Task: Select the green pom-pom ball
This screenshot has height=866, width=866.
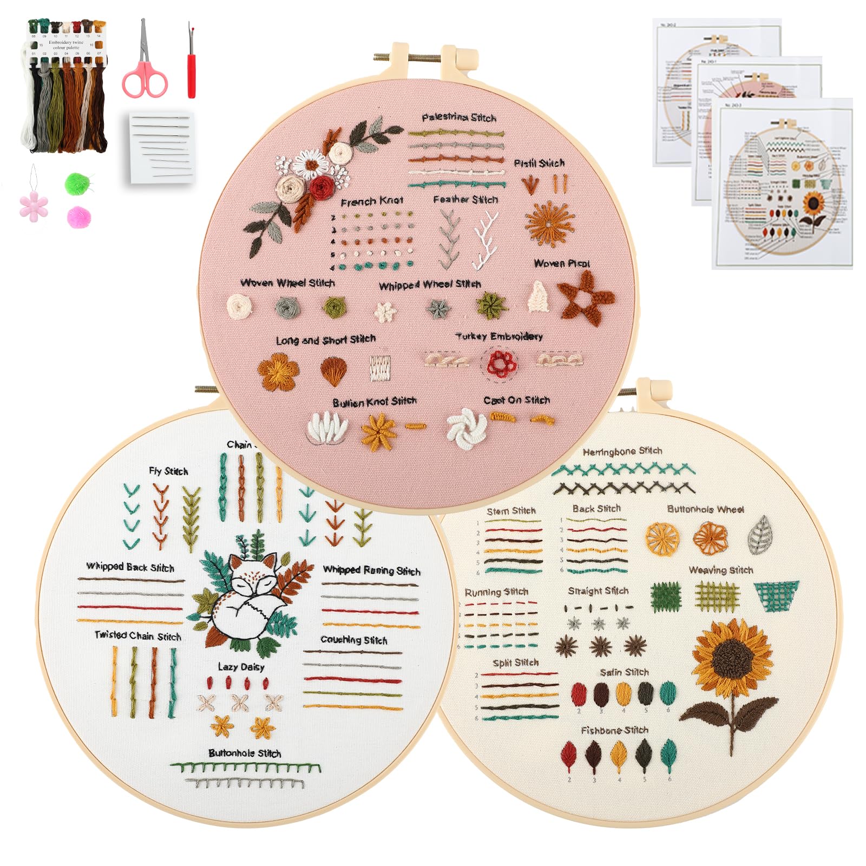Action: pos(77,183)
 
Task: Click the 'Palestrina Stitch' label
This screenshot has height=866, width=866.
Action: pos(459,117)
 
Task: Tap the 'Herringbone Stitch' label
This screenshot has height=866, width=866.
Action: pos(622,451)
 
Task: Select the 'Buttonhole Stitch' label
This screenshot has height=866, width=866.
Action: pos(245,753)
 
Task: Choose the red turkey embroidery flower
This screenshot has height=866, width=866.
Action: pos(501,363)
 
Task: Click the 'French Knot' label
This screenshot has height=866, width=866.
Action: pos(372,201)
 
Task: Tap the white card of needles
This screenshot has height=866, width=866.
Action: pos(162,147)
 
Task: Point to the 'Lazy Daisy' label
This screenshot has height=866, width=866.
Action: pos(241,667)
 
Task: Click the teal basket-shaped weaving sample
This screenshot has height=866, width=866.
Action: pos(776,595)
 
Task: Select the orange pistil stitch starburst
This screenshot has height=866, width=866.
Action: pos(549,223)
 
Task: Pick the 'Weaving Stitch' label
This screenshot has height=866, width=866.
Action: pos(720,570)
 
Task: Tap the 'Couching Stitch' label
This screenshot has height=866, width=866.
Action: pos(354,640)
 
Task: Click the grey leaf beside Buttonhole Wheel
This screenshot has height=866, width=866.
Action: pos(760,535)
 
